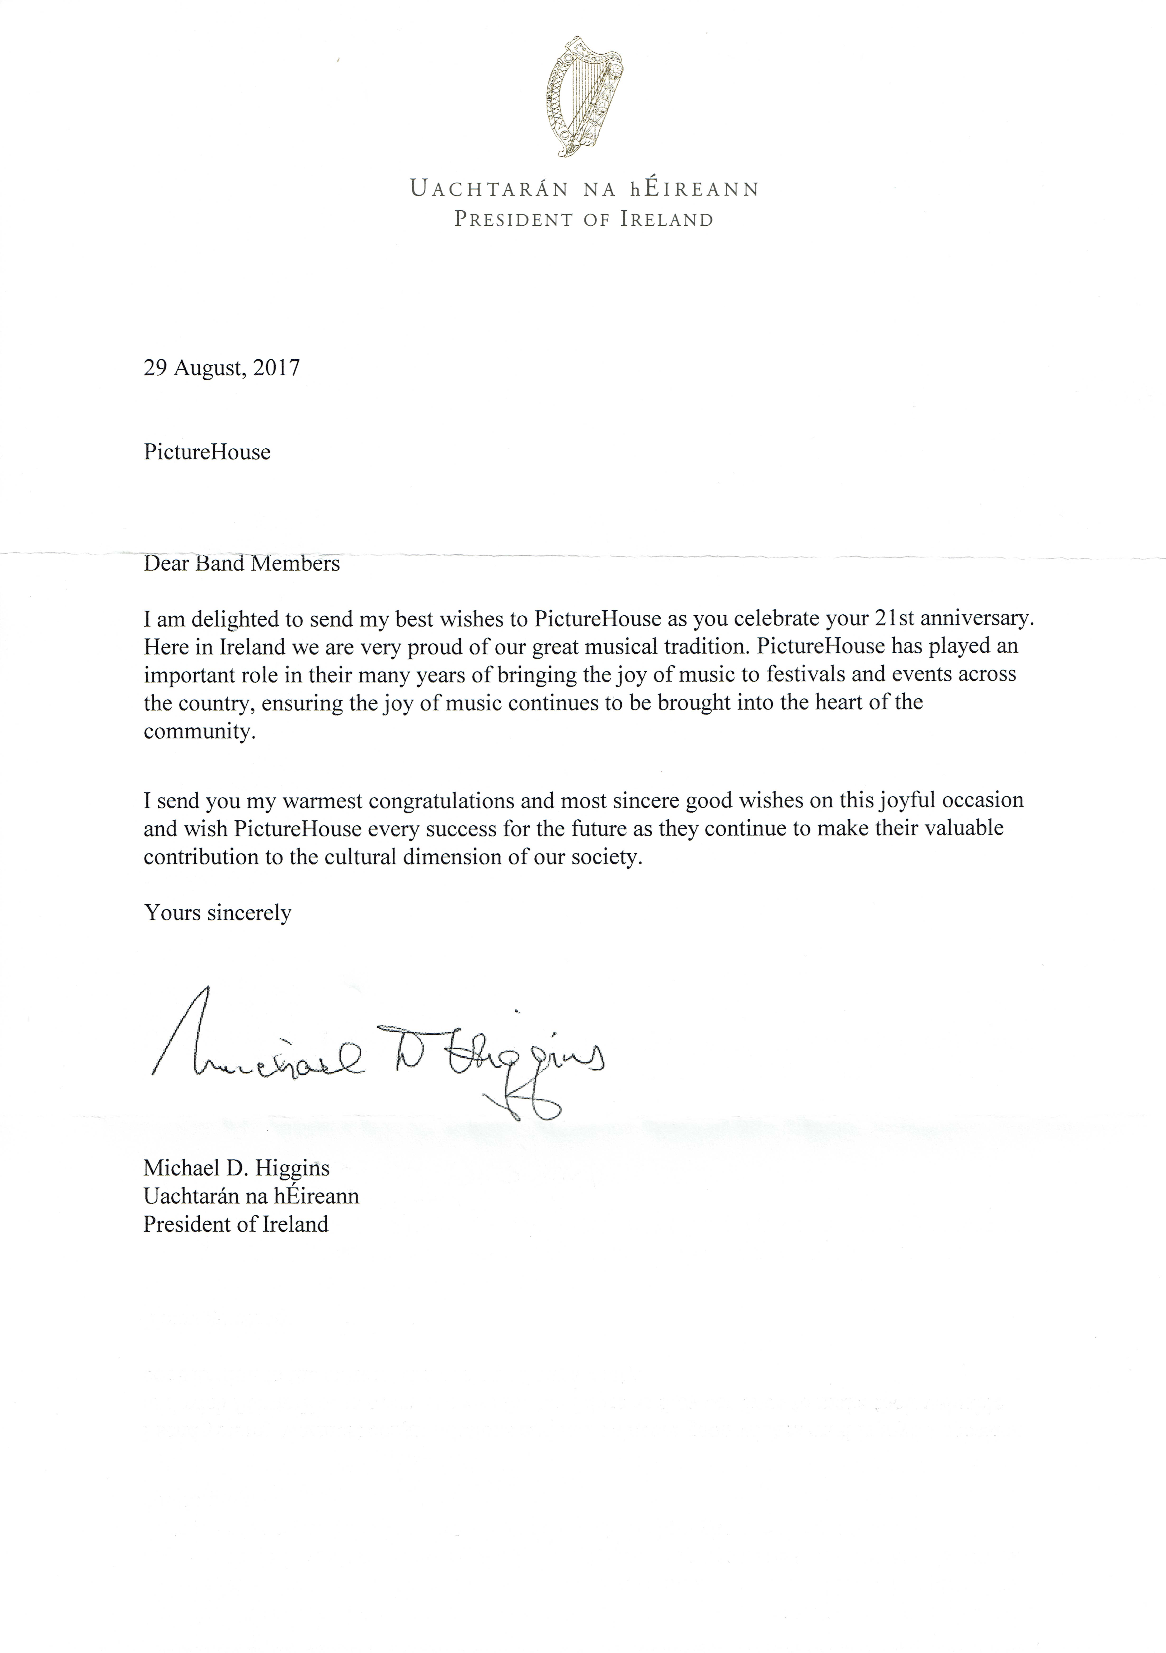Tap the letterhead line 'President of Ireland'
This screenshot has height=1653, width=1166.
point(583,220)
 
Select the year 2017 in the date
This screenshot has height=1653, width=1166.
point(277,369)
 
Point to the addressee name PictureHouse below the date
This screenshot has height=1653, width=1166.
point(207,452)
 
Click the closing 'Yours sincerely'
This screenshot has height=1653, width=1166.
point(217,913)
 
